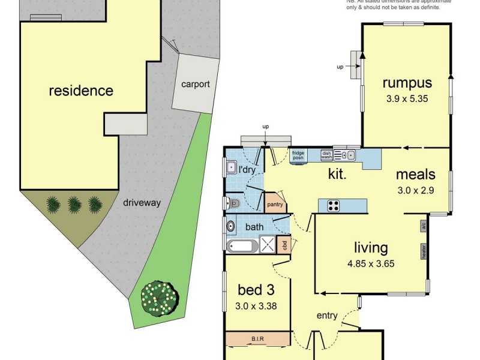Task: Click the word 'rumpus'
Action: point(407,83)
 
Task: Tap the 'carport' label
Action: point(196,84)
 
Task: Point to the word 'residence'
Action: point(80,91)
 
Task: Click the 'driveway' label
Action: point(142,203)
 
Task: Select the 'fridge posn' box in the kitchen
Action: point(298,155)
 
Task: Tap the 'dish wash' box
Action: point(326,155)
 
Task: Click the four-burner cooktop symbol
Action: point(334,206)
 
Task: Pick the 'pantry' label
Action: point(275,205)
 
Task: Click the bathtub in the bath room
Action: point(242,245)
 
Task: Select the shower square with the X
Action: point(267,244)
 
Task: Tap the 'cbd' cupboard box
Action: point(285,244)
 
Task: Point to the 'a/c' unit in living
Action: point(423,226)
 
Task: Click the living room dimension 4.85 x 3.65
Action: point(370,263)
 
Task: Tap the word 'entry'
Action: point(327,316)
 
